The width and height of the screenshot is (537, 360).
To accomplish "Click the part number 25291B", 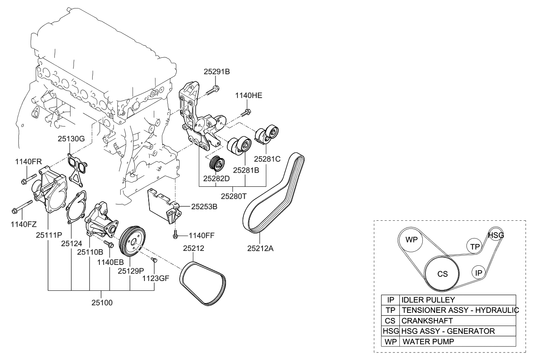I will [216, 72].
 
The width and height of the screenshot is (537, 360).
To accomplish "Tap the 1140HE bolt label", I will [249, 96].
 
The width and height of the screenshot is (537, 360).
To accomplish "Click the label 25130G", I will [71, 138].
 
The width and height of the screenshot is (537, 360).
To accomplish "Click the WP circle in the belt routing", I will [411, 240].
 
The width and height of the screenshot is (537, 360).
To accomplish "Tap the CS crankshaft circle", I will [442, 274].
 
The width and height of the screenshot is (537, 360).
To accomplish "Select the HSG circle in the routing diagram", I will [495, 234].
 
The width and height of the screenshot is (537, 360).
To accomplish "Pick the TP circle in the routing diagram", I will [475, 246].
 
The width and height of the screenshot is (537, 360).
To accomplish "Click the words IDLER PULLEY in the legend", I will [428, 300].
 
